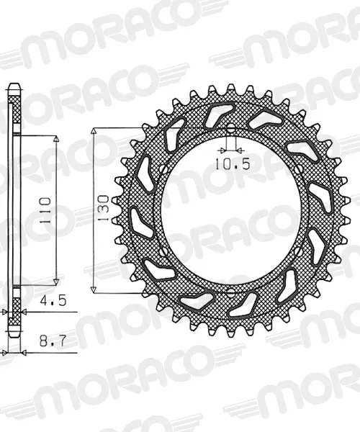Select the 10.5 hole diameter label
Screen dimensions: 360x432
(233, 164)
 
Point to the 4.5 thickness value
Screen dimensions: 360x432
(53, 300)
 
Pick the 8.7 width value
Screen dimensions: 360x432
(53, 341)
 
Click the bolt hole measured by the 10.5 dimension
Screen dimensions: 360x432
(231, 128)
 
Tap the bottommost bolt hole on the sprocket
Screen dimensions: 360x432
(231, 292)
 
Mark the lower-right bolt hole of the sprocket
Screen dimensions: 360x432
(299, 251)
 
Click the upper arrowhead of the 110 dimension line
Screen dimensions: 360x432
(56, 139)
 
